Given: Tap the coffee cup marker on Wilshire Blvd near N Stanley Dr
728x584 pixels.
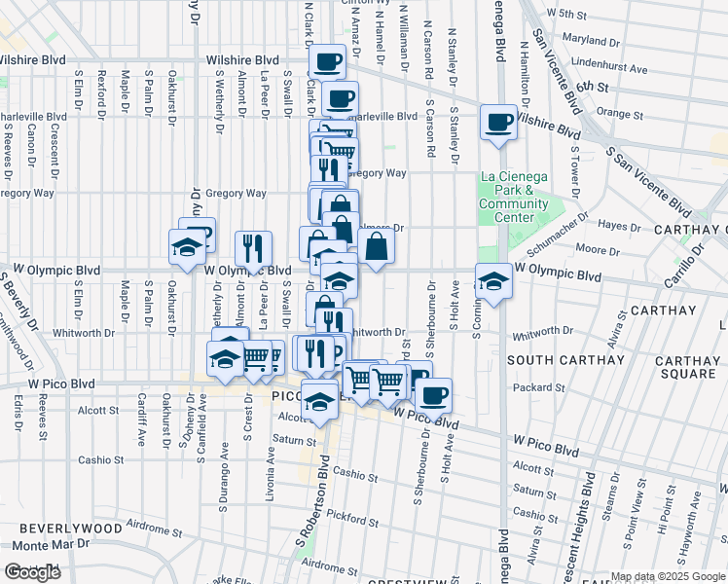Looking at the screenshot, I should click(x=498, y=123).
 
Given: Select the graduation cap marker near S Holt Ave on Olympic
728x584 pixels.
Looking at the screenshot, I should click(x=493, y=282).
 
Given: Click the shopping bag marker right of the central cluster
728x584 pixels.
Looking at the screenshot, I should click(x=376, y=247).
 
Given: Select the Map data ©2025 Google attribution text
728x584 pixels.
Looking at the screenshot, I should click(x=668, y=577).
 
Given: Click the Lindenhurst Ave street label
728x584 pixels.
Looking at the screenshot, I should click(x=609, y=70).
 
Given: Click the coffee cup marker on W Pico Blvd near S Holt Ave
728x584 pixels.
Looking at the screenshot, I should click(x=433, y=395).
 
